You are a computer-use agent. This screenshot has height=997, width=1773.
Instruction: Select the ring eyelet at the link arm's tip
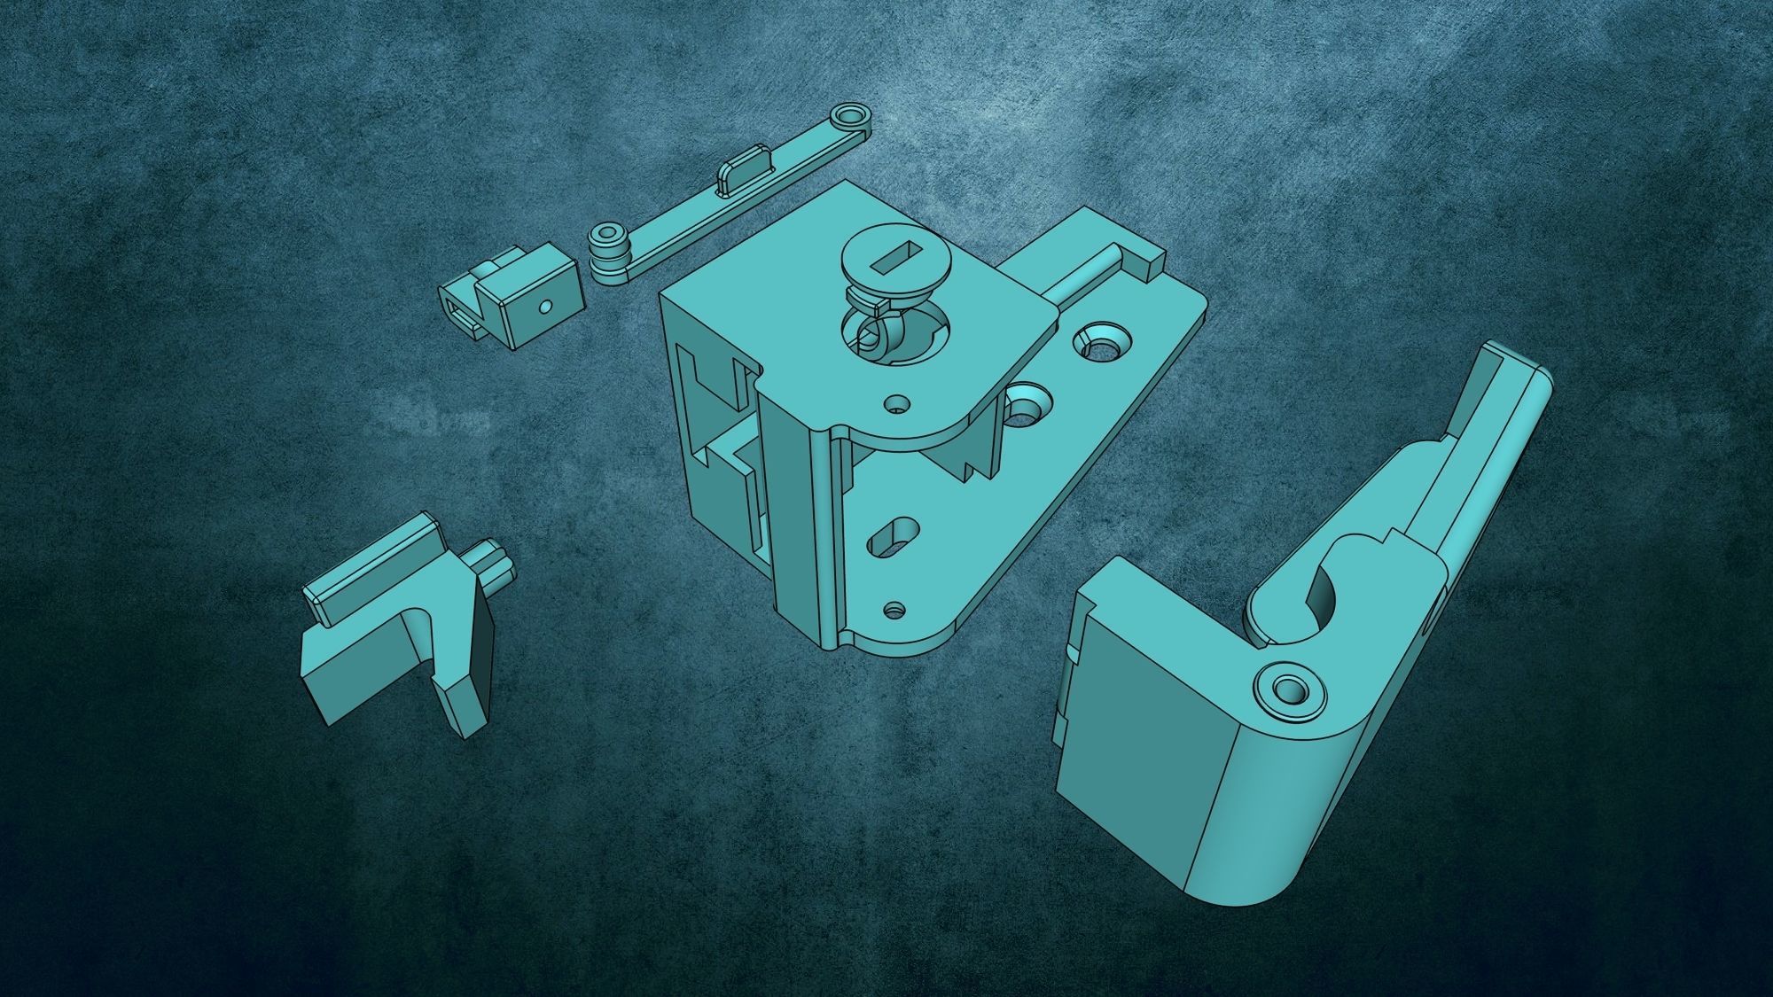pyautogui.click(x=850, y=116)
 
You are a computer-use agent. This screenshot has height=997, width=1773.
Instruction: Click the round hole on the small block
pyautogui.click(x=546, y=308)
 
